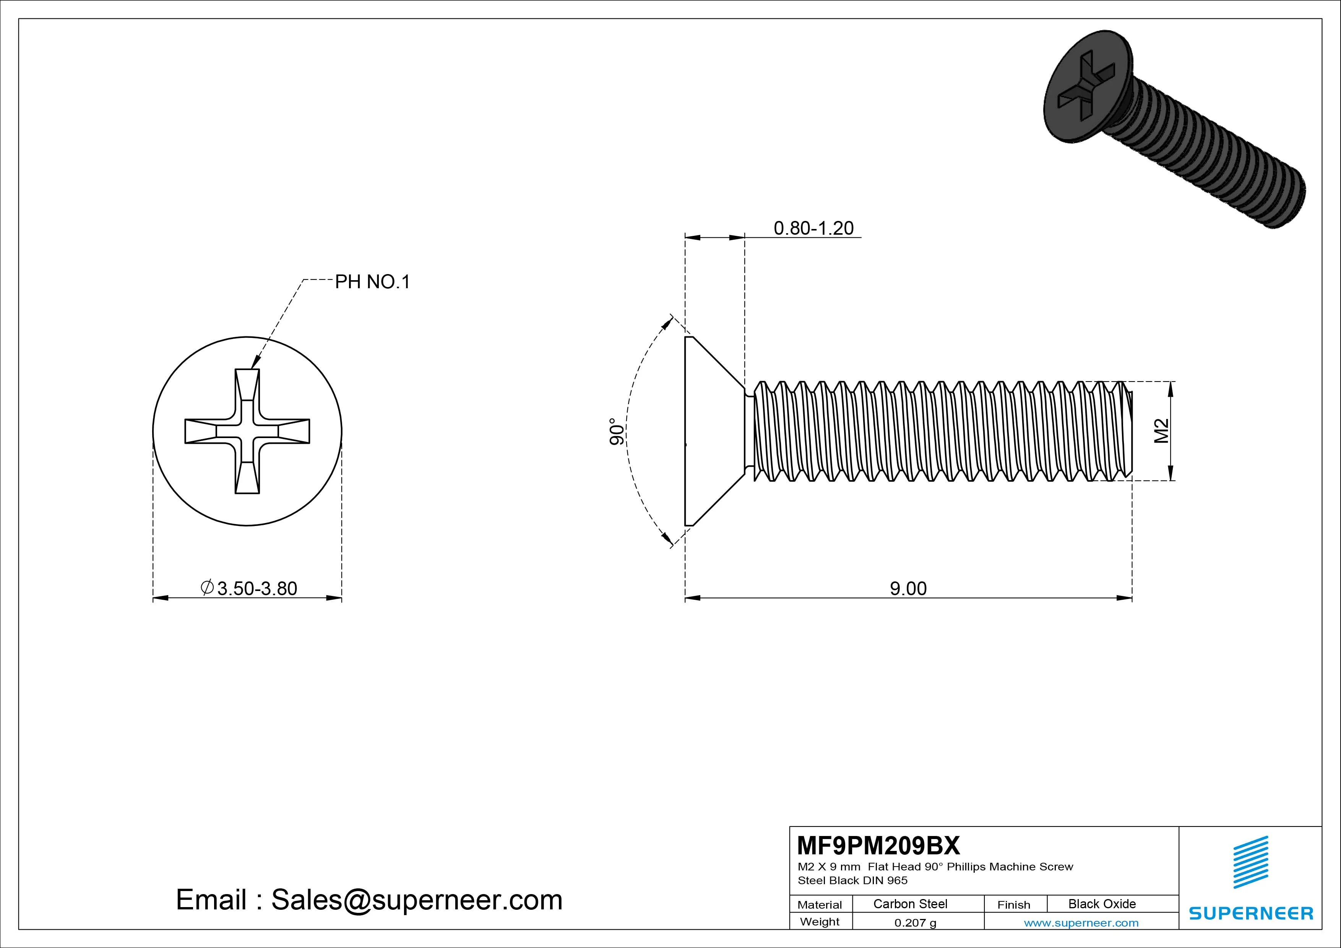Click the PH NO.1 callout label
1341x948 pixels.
tap(372, 282)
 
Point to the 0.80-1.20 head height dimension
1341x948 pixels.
tap(813, 228)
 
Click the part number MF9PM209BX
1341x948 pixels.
tap(878, 845)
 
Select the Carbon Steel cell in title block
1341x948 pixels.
tap(910, 904)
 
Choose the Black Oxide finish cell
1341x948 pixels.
tap(1102, 904)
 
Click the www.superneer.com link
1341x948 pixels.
tap(1081, 923)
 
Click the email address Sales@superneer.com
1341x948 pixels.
tap(416, 899)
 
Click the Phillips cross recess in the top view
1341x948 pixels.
tap(247, 431)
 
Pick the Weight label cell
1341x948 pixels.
tap(820, 922)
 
